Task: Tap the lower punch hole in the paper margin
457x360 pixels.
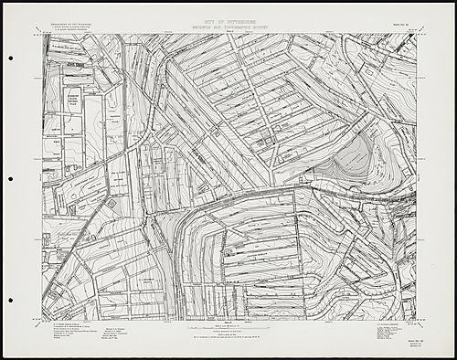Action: click(10, 297)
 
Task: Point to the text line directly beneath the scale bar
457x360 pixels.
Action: click(228, 334)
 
